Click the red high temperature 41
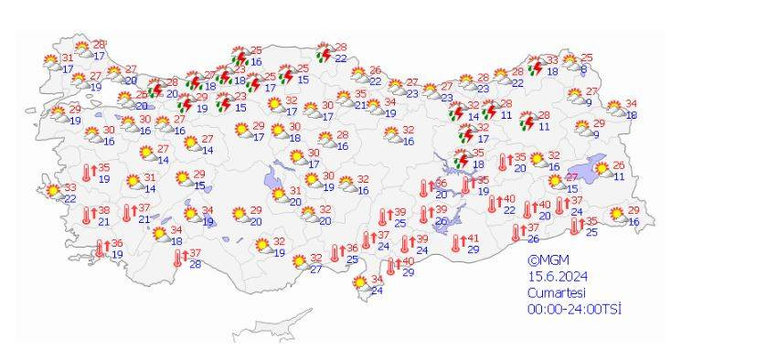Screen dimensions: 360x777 tap(473, 239)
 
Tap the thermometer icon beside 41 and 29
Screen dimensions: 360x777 tap(458, 243)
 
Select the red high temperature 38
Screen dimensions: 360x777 tap(104, 210)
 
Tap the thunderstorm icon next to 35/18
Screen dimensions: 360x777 tap(463, 160)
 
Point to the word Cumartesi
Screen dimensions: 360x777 tap(556, 292)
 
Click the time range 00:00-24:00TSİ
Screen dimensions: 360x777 tap(574, 309)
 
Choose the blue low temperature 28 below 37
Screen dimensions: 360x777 tap(195, 264)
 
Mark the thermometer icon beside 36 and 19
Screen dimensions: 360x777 tap(102, 248)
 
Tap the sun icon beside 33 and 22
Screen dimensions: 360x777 tap(52, 191)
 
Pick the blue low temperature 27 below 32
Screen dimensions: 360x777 tap(315, 270)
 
